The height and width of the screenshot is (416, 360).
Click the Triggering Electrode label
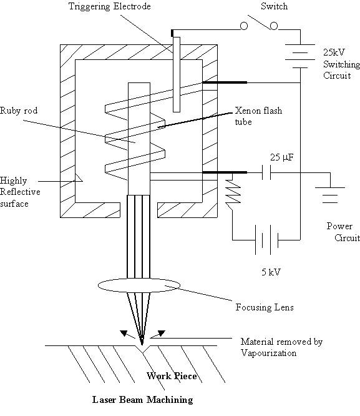(109, 6)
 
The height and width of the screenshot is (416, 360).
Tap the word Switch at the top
(274, 6)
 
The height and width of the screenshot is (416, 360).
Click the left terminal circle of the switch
(244, 26)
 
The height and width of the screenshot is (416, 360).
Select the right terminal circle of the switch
(274, 26)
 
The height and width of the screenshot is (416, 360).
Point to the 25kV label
(334, 52)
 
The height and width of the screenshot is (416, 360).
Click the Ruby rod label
(19, 111)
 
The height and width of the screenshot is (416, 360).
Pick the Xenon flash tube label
(258, 116)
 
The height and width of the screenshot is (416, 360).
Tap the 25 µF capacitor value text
(282, 157)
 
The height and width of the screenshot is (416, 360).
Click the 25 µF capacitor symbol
(266, 172)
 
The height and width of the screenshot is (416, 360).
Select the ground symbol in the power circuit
(330, 196)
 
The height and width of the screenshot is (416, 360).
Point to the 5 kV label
(271, 272)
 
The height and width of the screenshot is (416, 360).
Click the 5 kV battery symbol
(266, 240)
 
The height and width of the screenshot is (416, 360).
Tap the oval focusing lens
(139, 285)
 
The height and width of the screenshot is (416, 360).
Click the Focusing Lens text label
(265, 307)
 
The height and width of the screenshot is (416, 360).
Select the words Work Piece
(172, 376)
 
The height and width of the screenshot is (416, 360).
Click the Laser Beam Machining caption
(143, 400)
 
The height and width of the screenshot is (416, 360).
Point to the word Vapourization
(268, 353)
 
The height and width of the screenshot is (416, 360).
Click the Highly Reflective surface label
(20, 192)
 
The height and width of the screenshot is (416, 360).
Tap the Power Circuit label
(343, 232)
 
